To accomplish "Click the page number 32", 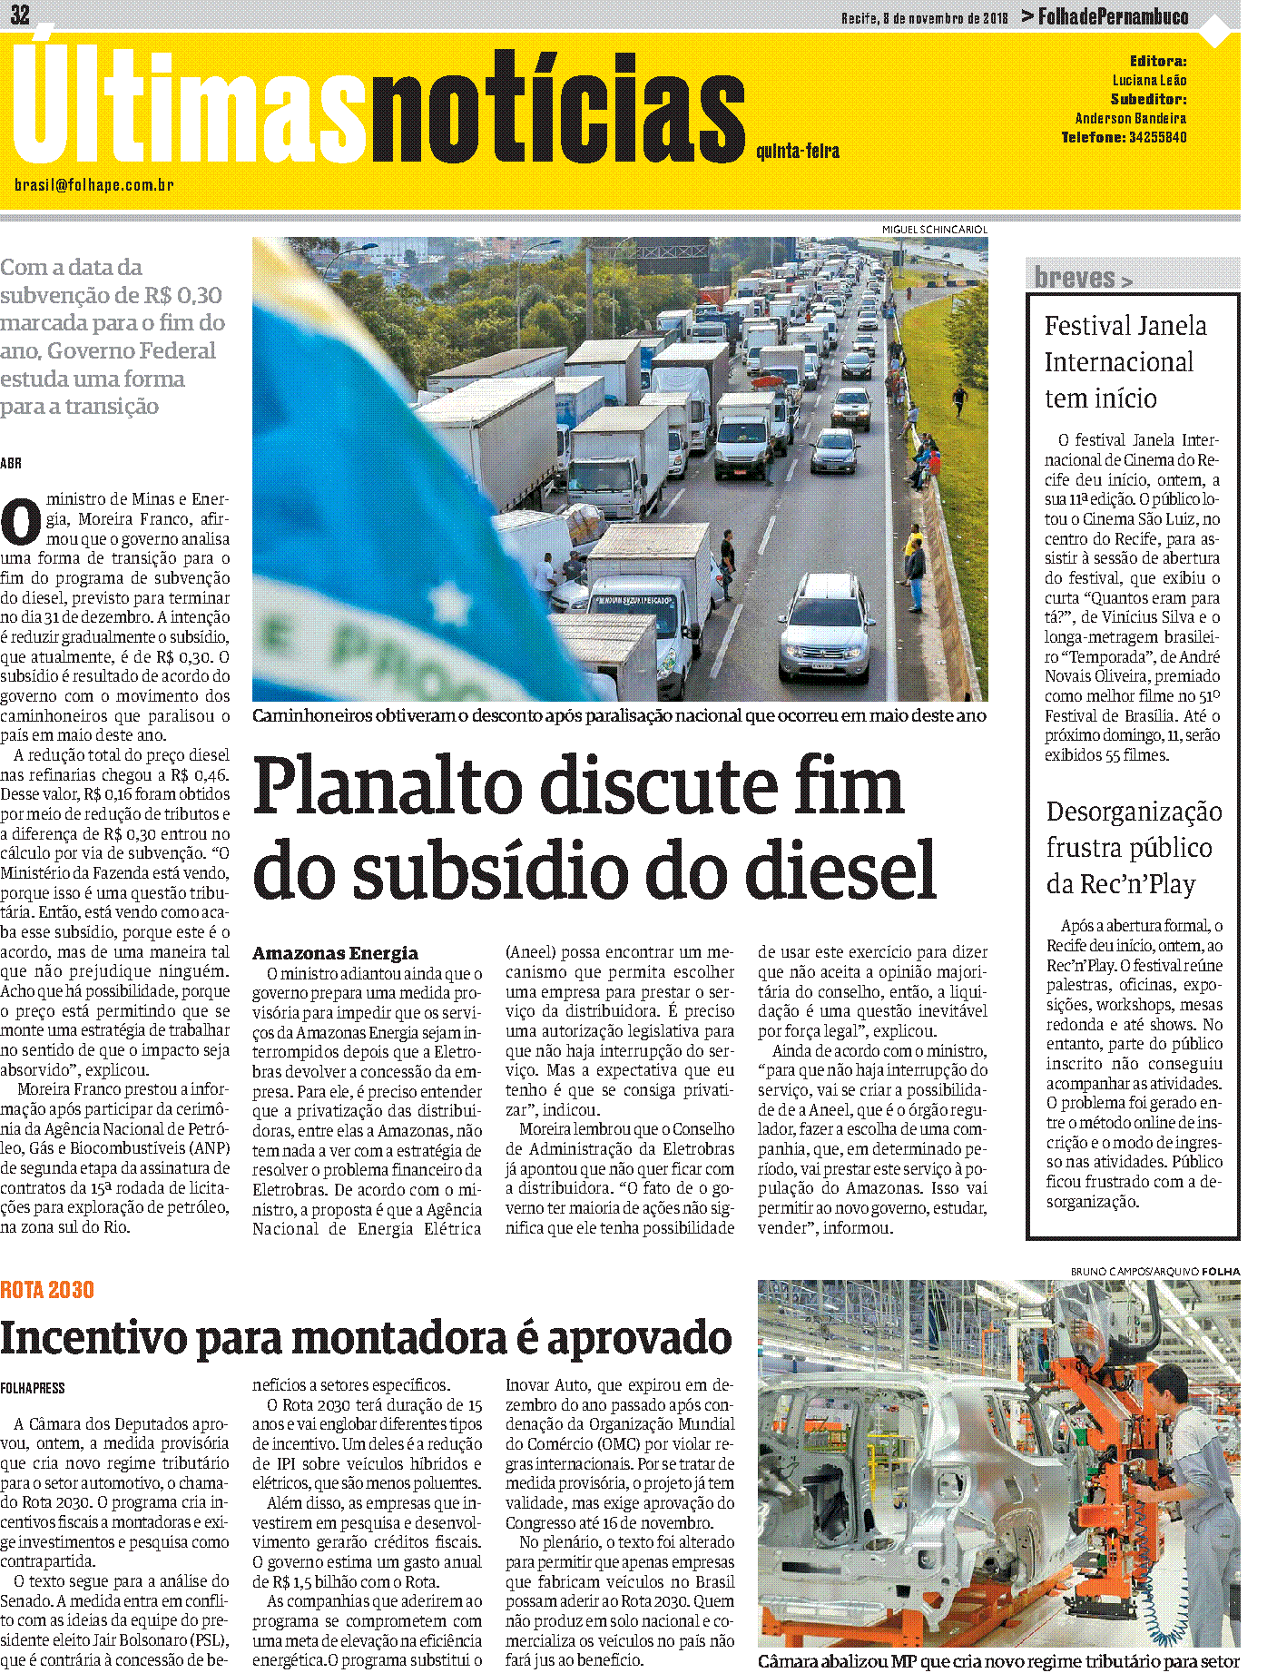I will point(20,14).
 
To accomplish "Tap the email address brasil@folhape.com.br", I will point(93,185).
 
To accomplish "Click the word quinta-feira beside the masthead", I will point(797,152).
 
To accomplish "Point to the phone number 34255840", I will point(1157,138).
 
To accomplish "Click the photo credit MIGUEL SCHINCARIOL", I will point(934,230).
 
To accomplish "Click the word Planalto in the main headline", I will point(399,786).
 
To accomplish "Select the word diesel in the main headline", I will point(840,870).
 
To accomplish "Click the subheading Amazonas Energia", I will point(335,953).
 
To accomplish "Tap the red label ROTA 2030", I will point(47,1290).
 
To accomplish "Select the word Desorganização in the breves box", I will point(1134,812).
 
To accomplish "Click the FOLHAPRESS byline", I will point(33,1388).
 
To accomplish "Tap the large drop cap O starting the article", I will point(21,522).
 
